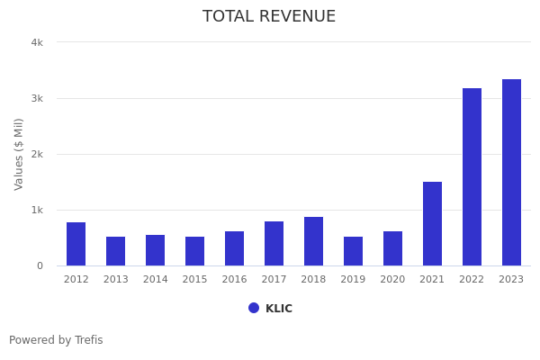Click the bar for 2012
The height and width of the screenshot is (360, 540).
point(76,244)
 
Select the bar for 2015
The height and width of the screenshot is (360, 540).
point(195,251)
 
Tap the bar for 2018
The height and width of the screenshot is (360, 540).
point(314,241)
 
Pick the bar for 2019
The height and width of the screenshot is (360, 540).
point(354,251)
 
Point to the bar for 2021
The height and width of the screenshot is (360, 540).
point(433,223)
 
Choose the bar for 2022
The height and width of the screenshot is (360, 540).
point(472,176)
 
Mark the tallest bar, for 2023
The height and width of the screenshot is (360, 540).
point(512,172)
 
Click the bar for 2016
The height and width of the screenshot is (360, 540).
point(235,248)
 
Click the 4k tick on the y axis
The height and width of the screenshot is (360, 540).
point(37,42)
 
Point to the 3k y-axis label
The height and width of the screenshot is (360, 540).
point(37,98)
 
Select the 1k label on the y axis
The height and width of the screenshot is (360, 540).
point(37,210)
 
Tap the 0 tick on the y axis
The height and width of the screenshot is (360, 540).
point(40,265)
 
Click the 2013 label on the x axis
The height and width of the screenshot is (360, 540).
point(116,280)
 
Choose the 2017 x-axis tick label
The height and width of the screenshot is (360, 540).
point(274,280)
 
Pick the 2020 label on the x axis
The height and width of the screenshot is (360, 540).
point(393,280)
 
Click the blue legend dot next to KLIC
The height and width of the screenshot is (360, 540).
point(254,308)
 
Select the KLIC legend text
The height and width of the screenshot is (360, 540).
point(279,309)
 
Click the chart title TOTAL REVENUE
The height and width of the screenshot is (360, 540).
point(269,17)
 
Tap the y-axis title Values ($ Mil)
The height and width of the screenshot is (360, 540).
point(19,154)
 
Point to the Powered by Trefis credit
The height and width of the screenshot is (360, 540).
point(56,340)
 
